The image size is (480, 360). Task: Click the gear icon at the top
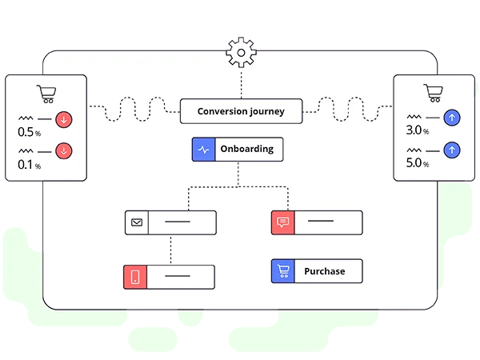(240, 52)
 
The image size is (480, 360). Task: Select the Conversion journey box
(241, 111)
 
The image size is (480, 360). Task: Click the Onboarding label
(246, 149)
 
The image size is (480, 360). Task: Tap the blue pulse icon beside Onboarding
(203, 149)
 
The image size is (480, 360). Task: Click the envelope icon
(137, 222)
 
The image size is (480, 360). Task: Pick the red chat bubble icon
(283, 222)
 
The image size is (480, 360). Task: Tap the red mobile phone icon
(135, 277)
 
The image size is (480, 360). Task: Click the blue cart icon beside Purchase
(283, 271)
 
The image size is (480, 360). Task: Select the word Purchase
(324, 271)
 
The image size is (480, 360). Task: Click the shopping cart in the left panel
(46, 94)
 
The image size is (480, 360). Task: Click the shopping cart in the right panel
(433, 93)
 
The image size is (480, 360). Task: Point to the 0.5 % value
(28, 132)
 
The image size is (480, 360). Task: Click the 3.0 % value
(418, 130)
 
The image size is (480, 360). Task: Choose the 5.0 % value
(418, 162)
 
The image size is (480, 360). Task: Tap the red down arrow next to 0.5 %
(64, 120)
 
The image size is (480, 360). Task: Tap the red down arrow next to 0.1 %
(64, 150)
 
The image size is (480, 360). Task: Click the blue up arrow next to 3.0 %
(452, 118)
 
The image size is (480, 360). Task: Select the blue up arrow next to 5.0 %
(452, 150)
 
